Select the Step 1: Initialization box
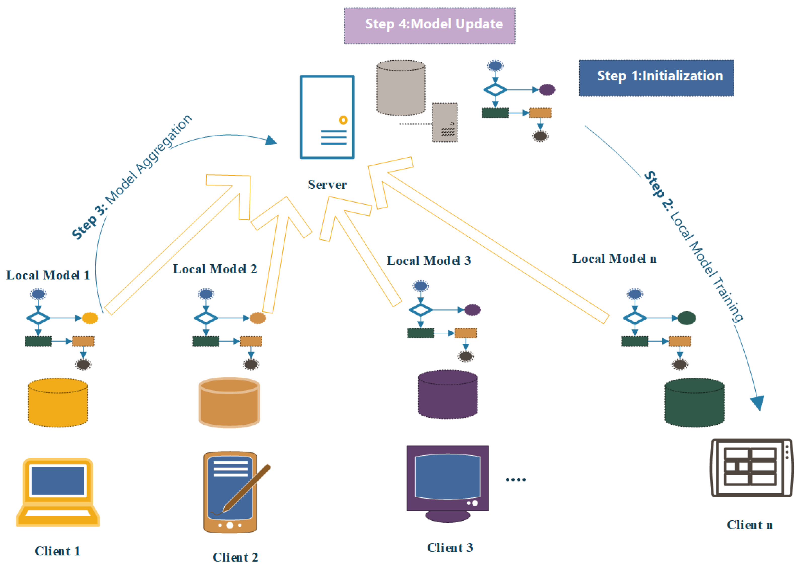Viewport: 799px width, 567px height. point(656,78)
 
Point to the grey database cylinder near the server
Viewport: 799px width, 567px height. point(401,88)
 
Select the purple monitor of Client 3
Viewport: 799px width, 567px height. point(447,482)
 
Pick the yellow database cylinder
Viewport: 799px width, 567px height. point(58,403)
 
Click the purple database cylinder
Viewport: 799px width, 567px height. point(447,395)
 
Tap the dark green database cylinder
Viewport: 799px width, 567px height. point(694,403)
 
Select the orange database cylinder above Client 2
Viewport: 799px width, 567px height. point(229,403)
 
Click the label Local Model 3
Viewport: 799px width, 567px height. point(429,260)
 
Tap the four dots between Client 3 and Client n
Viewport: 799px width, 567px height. point(516,480)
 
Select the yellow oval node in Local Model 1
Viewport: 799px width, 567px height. point(90,318)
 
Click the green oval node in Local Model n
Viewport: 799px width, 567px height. point(687,318)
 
